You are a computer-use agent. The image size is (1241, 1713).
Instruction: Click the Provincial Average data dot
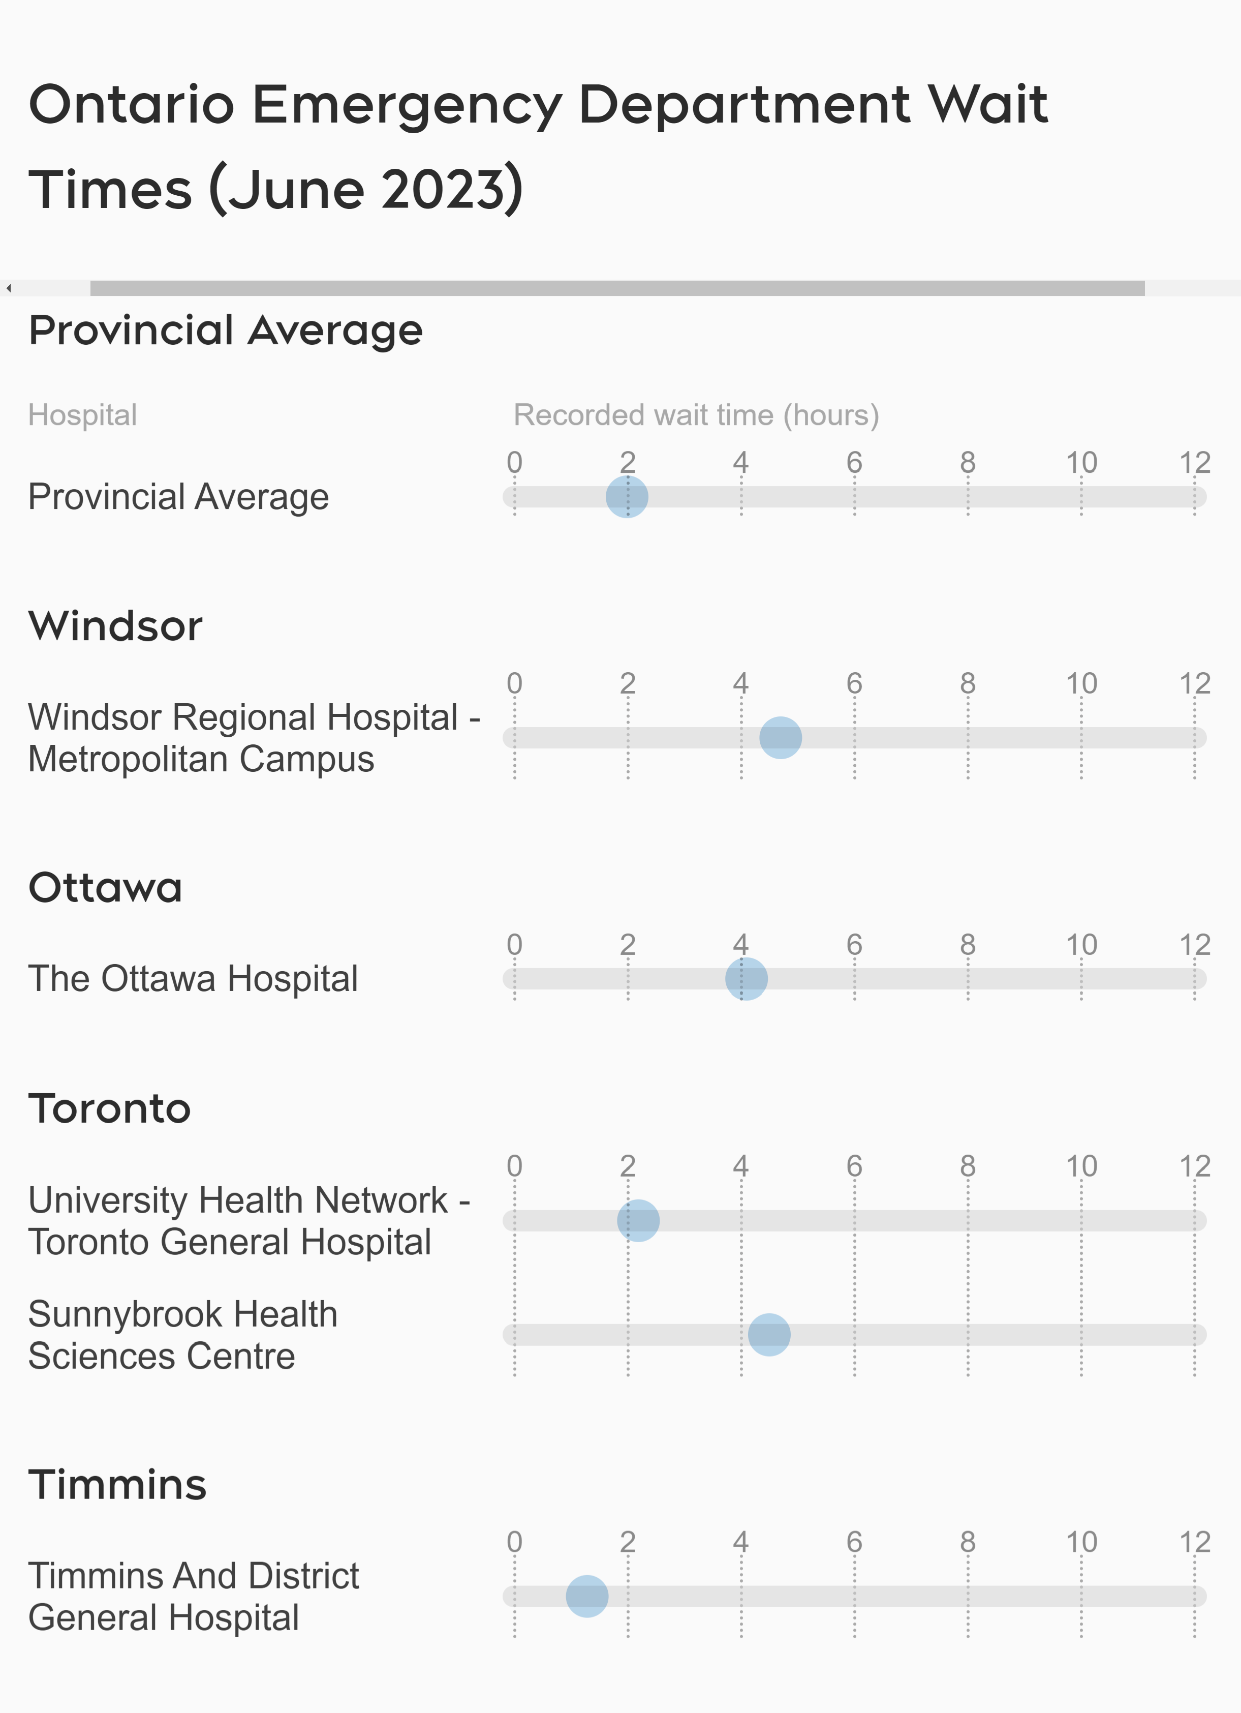(627, 497)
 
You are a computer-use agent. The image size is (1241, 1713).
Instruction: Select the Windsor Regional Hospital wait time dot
(781, 738)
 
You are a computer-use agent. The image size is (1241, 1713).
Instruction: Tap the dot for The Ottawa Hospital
(747, 979)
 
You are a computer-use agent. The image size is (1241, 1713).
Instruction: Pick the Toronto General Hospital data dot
(638, 1220)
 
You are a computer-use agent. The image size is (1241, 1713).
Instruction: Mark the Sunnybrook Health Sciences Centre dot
(769, 1335)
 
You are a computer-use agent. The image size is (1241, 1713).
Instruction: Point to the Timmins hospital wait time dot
(586, 1597)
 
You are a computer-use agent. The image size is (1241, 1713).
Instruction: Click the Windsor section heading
(115, 626)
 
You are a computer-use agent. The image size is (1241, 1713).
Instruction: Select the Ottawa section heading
(105, 887)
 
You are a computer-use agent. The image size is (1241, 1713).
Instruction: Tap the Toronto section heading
(109, 1109)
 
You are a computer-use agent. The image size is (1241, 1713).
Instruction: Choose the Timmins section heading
(117, 1485)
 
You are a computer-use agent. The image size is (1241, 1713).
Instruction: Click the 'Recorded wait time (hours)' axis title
(696, 415)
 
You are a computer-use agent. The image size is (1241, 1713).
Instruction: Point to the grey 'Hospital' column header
(82, 415)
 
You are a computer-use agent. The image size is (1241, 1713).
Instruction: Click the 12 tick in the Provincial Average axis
(1194, 462)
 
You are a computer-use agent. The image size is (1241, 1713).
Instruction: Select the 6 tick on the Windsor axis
(854, 683)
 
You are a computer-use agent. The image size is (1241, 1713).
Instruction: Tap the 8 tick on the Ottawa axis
(967, 945)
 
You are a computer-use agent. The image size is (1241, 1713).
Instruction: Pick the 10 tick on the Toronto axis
(1081, 1166)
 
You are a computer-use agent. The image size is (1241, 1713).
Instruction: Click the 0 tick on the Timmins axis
(514, 1542)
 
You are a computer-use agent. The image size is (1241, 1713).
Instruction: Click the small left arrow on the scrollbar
(8, 288)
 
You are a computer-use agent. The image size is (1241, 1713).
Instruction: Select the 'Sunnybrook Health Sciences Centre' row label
(182, 1335)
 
